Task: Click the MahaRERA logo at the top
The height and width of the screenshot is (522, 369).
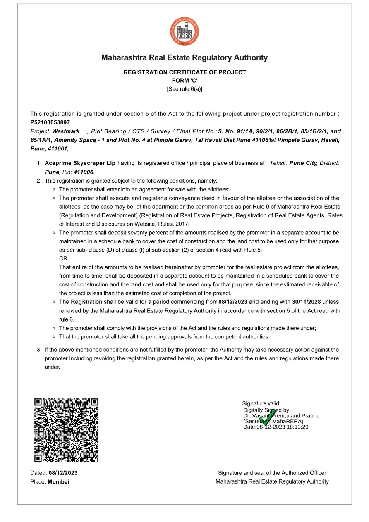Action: pyautogui.click(x=184, y=32)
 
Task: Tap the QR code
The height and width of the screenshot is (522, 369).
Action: pyautogui.click(x=66, y=430)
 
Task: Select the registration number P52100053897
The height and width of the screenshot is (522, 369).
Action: pyautogui.click(x=50, y=122)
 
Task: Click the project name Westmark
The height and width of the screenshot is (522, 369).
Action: pyautogui.click(x=66, y=131)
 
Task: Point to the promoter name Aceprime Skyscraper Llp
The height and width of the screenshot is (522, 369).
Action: pyautogui.click(x=80, y=163)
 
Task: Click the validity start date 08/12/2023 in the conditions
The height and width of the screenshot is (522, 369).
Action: pyautogui.click(x=233, y=302)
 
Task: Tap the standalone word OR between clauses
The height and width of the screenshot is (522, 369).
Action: pyautogui.click(x=63, y=258)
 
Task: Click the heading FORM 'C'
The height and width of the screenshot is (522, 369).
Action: pyautogui.click(x=184, y=81)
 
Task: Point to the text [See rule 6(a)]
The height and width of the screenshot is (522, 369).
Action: pyautogui.click(x=184, y=89)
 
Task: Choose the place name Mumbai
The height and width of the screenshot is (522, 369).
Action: pyautogui.click(x=58, y=481)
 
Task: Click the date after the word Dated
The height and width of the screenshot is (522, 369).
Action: pyautogui.click(x=63, y=473)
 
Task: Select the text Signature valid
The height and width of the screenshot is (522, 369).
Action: pyautogui.click(x=261, y=403)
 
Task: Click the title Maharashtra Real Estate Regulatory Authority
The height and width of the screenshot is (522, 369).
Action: pyautogui.click(x=184, y=58)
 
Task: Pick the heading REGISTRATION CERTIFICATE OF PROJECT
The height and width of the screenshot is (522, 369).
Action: pyautogui.click(x=184, y=72)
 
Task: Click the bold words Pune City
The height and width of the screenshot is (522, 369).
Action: pyautogui.click(x=303, y=163)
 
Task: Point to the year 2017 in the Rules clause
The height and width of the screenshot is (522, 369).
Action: pyautogui.click(x=182, y=224)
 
